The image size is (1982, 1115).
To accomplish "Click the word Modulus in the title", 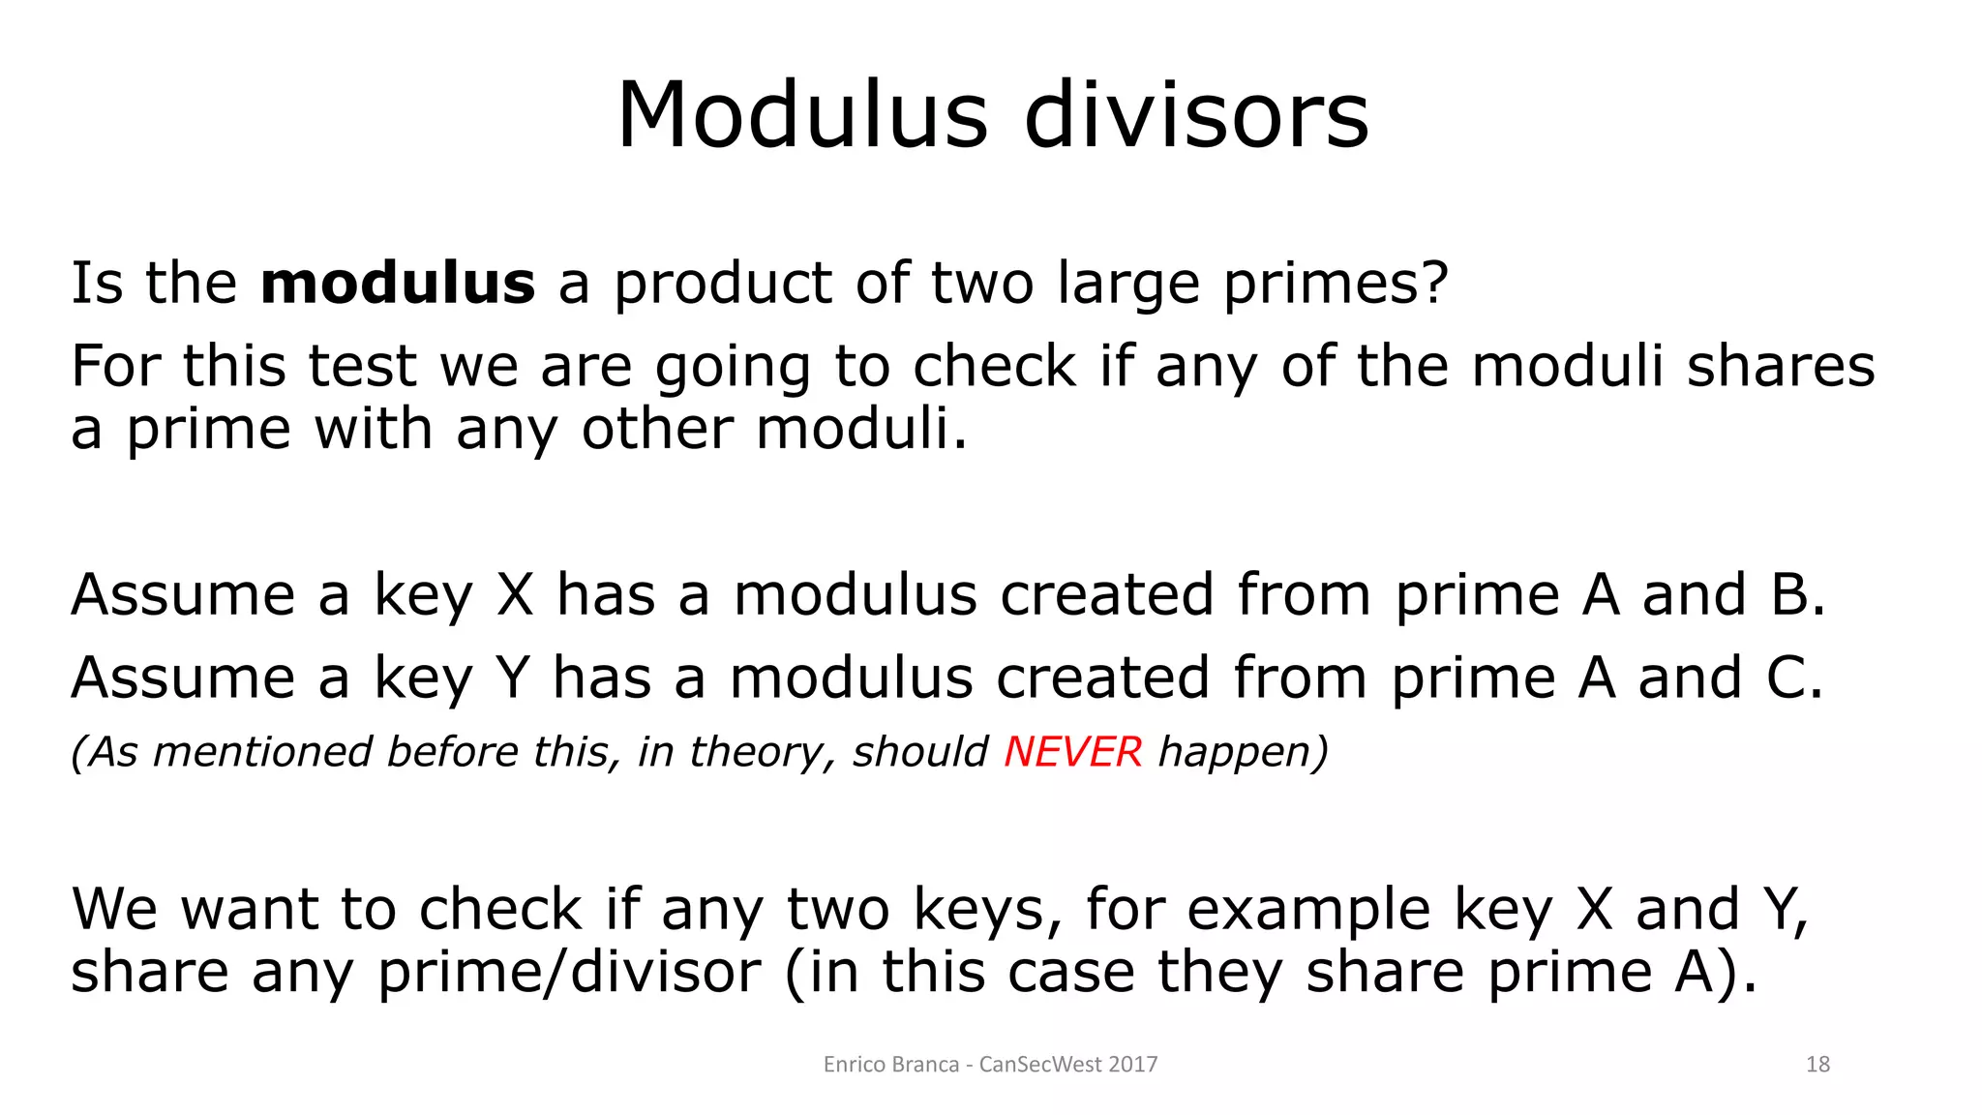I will [802, 116].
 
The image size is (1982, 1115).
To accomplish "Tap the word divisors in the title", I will [1196, 116].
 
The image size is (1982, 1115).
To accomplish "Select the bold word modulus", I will [398, 284].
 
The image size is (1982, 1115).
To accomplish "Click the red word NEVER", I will [1072, 752].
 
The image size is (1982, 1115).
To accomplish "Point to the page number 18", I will [1817, 1065].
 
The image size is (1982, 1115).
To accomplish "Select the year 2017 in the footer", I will [1132, 1065].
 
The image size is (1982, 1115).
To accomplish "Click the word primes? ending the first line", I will [1336, 284].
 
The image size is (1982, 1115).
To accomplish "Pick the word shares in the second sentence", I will [1781, 367].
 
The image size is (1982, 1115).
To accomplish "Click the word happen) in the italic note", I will [1244, 752].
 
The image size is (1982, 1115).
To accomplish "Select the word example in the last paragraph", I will [1308, 910].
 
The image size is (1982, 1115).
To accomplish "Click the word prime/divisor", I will [569, 972].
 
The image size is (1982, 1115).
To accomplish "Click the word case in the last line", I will [1070, 972].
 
